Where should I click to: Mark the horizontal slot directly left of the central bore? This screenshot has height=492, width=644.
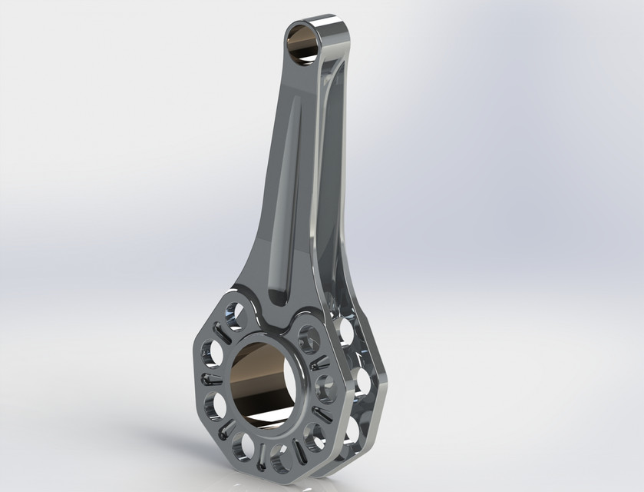tap(210, 379)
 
